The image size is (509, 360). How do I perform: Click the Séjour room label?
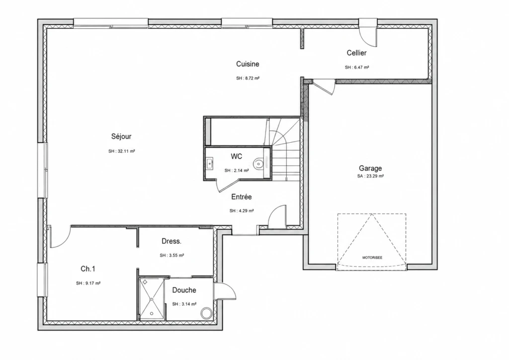pos(121,136)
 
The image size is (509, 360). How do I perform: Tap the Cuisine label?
pos(248,64)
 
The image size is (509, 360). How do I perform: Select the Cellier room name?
pos(357,53)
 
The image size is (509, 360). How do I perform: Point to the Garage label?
pos(370,168)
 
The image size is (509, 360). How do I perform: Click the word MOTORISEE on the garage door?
pos(372,258)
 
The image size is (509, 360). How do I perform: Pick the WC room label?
pos(236,157)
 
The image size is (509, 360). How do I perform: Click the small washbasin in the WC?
pos(210,163)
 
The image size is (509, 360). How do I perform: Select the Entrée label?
pos(242,197)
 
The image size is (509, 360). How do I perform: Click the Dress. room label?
pos(171,241)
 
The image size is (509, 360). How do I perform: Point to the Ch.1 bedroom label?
pos(88,269)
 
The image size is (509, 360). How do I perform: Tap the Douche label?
pos(184,290)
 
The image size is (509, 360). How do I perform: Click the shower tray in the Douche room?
pos(152,298)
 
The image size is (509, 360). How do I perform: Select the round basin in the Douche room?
pos(206,314)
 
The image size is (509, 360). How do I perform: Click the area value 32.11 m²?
pos(126,151)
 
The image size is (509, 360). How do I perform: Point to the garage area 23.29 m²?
pos(375,176)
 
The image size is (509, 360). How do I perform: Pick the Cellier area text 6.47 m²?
pos(361,68)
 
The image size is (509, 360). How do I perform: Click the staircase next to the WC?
pos(285,149)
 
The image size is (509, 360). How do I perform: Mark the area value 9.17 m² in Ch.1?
pos(92,283)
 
